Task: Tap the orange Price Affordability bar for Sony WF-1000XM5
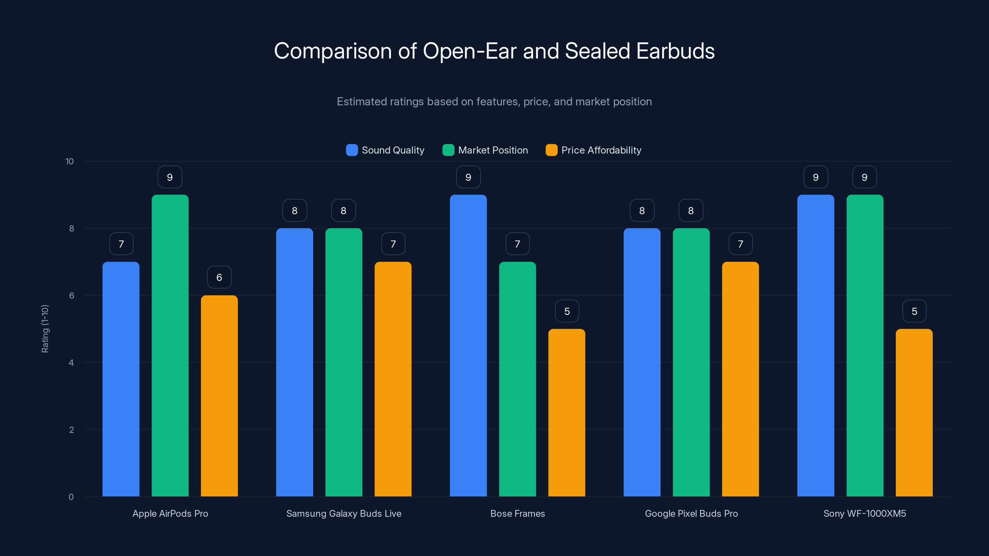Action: click(914, 412)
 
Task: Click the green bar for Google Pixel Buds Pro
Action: click(691, 362)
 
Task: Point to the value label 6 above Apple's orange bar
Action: click(219, 277)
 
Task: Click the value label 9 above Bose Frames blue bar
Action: click(468, 177)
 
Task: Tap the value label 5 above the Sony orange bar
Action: click(914, 311)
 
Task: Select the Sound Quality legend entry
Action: click(385, 150)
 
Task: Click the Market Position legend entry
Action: click(485, 150)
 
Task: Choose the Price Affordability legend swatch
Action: click(551, 150)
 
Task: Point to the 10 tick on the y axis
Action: click(70, 161)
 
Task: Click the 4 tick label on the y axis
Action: click(71, 363)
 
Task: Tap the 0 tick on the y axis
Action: click(71, 497)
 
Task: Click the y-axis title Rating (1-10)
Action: click(45, 329)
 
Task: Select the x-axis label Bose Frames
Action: click(517, 513)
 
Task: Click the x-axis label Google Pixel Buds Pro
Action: click(691, 513)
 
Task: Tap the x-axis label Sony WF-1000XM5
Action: click(865, 513)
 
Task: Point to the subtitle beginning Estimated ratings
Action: click(494, 101)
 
